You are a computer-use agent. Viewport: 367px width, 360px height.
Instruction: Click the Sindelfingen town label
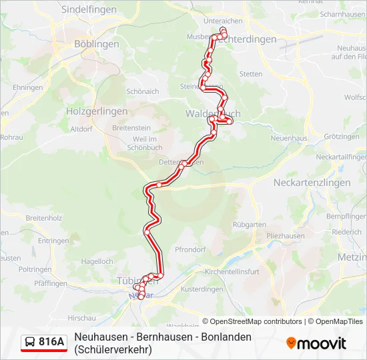click(x=88, y=10)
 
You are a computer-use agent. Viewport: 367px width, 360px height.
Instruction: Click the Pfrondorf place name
click(x=190, y=249)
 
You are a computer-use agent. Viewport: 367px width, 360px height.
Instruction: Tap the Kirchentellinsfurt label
click(x=232, y=272)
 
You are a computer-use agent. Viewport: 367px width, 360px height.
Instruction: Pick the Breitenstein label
click(x=132, y=127)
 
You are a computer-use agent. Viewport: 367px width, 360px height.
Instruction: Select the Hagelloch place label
click(x=97, y=262)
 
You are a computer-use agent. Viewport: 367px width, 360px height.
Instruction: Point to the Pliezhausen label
click(x=285, y=236)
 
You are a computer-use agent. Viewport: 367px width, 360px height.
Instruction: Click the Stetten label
click(x=251, y=74)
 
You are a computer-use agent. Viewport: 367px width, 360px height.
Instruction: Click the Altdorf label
click(x=80, y=129)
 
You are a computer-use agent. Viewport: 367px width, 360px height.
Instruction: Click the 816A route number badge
click(x=51, y=342)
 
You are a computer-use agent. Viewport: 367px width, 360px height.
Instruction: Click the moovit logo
click(x=316, y=343)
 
